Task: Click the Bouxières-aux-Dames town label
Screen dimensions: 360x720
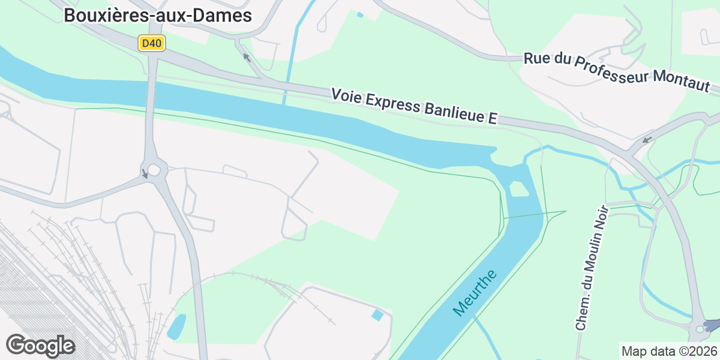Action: [x=158, y=16]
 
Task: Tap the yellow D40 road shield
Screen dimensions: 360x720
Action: [x=152, y=43]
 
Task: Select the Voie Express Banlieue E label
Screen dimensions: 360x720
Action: [x=415, y=107]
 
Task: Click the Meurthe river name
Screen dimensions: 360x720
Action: [x=475, y=293]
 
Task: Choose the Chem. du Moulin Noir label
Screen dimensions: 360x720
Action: [x=592, y=268]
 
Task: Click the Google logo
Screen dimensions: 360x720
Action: [x=40, y=346]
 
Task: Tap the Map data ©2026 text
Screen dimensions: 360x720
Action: [x=669, y=351]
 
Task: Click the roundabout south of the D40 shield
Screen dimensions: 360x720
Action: [x=154, y=170]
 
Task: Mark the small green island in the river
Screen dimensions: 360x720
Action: [x=518, y=190]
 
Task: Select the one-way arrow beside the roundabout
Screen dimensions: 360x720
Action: [x=144, y=174]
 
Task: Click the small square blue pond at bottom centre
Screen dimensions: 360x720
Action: [x=377, y=314]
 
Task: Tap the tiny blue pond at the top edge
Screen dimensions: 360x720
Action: [x=360, y=15]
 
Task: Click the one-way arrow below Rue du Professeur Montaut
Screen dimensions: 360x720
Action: [x=647, y=140]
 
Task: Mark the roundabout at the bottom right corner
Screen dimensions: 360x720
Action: [x=700, y=328]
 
